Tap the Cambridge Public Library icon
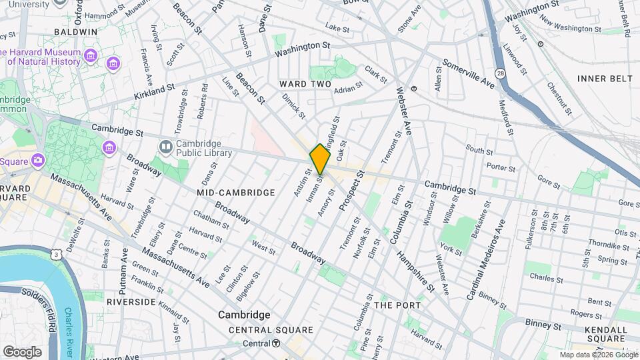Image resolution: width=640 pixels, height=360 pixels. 165,146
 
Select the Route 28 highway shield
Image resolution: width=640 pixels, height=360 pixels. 499,72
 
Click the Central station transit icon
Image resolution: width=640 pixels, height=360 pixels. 275,343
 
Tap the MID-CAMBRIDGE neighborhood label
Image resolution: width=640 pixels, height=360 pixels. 236,193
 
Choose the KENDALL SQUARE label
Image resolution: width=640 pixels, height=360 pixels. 605,335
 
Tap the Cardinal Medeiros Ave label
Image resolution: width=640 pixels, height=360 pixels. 485,259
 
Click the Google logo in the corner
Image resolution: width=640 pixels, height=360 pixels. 22,351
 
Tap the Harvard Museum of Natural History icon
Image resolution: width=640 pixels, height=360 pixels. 113,63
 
